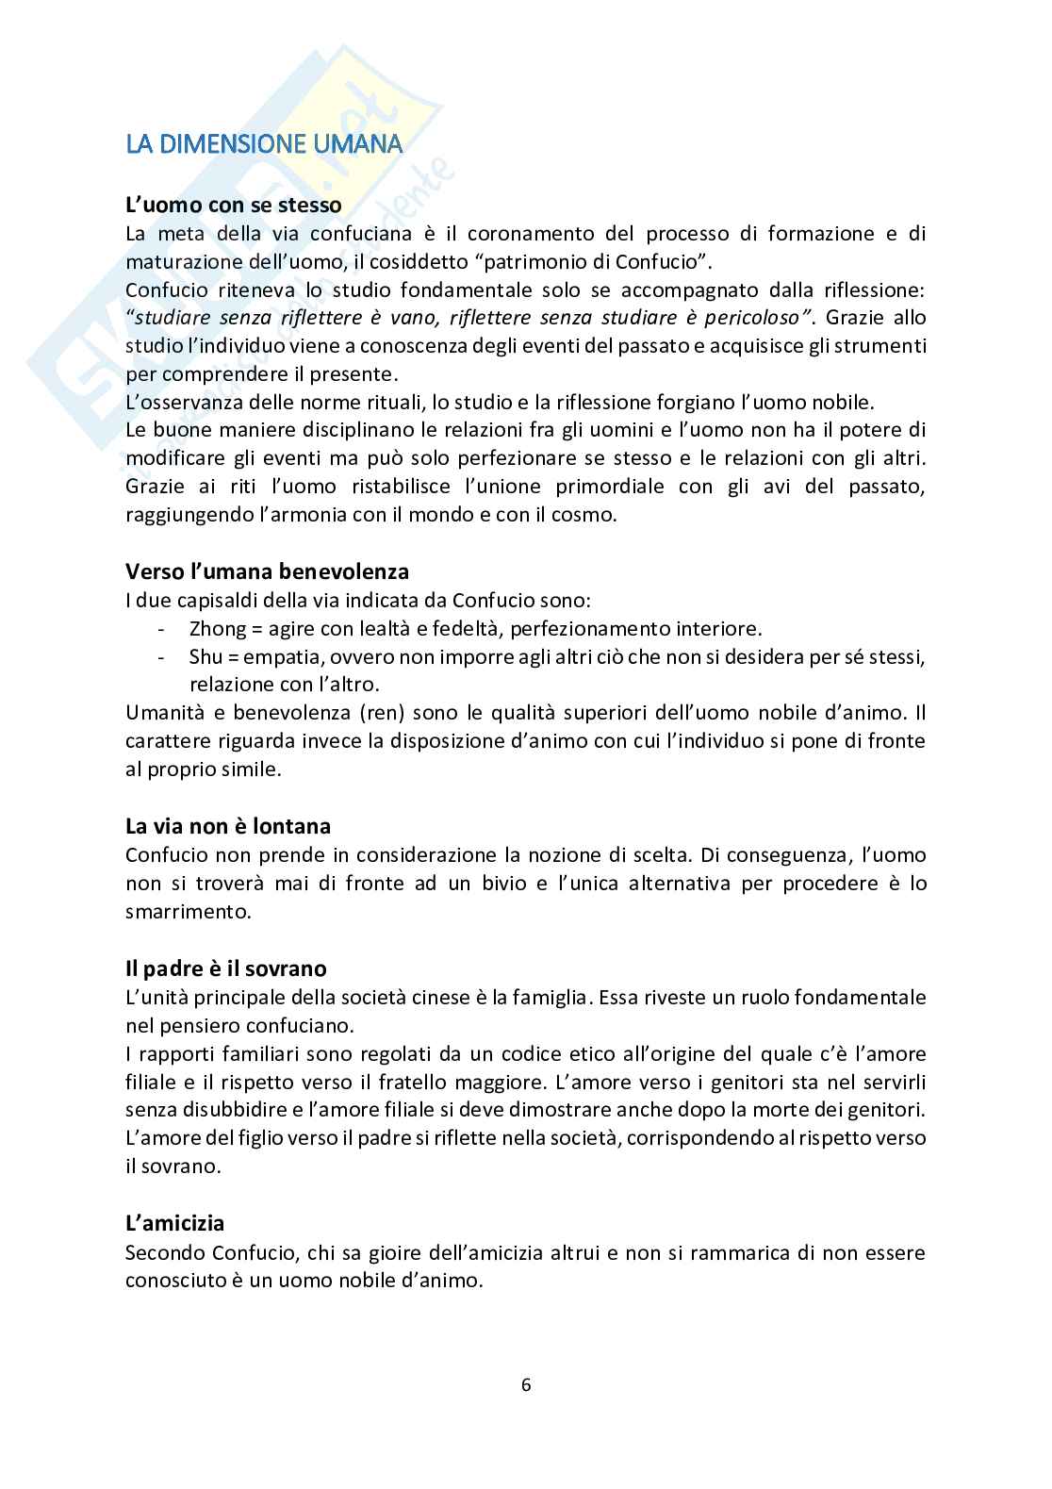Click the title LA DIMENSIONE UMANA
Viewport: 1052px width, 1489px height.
[265, 144]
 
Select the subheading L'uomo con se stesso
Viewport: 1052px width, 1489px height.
[233, 204]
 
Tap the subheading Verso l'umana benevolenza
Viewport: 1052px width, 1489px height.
[267, 571]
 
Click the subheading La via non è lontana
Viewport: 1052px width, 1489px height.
[228, 826]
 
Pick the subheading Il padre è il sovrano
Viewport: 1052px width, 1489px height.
[226, 968]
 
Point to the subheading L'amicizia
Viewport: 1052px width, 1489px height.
[175, 1223]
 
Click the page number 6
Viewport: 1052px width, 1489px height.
[526, 1384]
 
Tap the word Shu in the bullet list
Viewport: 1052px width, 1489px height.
[205, 656]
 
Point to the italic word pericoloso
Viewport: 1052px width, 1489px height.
[756, 317]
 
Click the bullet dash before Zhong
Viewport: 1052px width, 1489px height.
[164, 628]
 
